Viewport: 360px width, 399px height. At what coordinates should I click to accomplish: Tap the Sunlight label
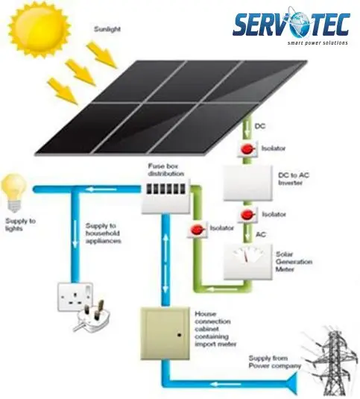tap(107, 29)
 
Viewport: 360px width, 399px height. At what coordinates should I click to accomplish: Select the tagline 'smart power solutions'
tap(318, 43)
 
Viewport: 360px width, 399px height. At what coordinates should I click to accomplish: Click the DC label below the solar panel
tap(260, 126)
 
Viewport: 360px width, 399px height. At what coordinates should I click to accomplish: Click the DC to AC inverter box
tap(248, 183)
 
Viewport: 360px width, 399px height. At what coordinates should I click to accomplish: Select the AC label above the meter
tap(261, 234)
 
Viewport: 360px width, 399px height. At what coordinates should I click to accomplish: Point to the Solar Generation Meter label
tap(294, 262)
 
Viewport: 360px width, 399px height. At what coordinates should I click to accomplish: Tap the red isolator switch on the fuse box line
tap(198, 230)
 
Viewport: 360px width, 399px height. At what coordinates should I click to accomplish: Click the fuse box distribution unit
tap(165, 196)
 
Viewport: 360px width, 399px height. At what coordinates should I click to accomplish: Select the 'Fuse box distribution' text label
tap(165, 170)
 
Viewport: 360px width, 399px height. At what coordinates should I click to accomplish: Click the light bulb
tap(14, 193)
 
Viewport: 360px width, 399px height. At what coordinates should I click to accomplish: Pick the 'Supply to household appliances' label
tap(103, 233)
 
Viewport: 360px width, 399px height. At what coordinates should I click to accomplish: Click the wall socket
tap(75, 297)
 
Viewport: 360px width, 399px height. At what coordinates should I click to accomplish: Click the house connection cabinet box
tap(165, 333)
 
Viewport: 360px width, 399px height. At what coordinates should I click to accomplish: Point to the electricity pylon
tap(333, 362)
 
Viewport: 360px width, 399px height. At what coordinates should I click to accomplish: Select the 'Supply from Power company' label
tap(274, 362)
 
